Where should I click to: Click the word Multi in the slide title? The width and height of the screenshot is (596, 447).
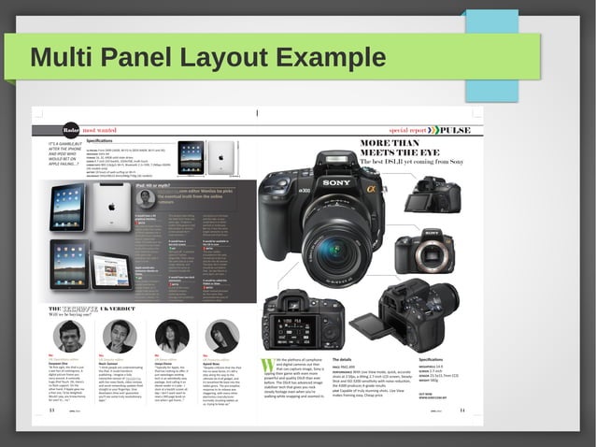(x=60, y=58)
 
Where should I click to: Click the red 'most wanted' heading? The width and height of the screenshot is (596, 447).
(x=100, y=129)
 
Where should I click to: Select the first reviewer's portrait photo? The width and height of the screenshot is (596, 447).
(x=69, y=336)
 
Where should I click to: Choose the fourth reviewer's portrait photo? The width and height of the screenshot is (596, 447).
(x=221, y=336)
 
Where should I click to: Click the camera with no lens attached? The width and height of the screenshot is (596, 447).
(x=423, y=252)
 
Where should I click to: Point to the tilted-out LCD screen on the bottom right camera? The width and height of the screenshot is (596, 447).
(x=393, y=324)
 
